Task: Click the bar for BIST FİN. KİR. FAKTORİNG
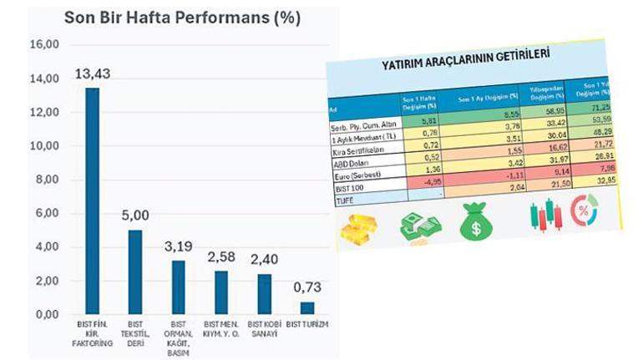click(x=92, y=200)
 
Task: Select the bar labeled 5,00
click(x=135, y=271)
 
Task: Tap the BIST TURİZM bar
click(x=307, y=308)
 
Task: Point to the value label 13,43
click(x=92, y=74)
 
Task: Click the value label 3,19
click(x=178, y=247)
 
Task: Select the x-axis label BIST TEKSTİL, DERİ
click(x=135, y=332)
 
